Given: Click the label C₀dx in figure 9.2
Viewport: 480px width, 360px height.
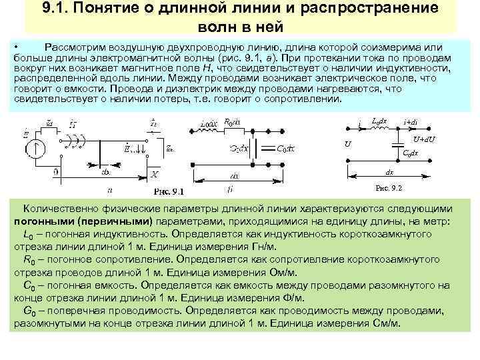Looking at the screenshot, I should pyautogui.click(x=409, y=153).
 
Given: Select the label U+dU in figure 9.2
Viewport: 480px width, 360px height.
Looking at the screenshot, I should pyautogui.click(x=423, y=139).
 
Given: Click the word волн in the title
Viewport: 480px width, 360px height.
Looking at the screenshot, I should pyautogui.click(x=217, y=27).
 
